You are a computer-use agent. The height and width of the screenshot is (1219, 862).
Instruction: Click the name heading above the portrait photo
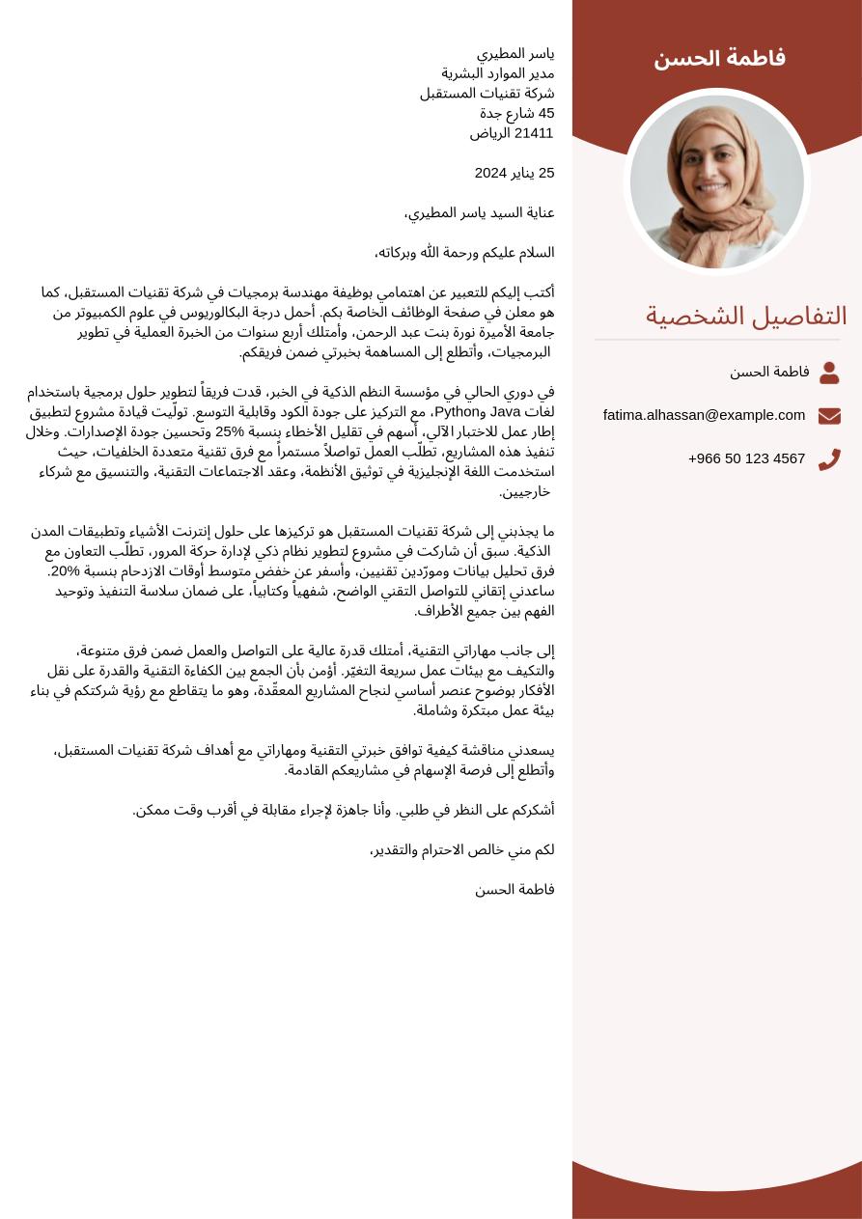(719, 59)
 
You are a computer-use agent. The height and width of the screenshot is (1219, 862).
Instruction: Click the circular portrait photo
(717, 181)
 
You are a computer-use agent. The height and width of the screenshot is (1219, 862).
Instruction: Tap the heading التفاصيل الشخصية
(746, 316)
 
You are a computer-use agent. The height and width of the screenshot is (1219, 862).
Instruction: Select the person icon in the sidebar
(829, 373)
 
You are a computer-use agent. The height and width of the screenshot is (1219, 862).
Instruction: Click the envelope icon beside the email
(829, 416)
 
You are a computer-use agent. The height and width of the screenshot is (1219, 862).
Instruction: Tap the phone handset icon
(829, 459)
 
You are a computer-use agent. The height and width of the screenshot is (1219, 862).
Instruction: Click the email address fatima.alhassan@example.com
(704, 415)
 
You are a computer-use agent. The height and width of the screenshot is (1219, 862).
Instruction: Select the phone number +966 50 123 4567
(746, 458)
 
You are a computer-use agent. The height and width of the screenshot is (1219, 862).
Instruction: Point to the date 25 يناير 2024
(514, 173)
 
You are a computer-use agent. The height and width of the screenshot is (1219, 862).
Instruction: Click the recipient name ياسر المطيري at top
(515, 53)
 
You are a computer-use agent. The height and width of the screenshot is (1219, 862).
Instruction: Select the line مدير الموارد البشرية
(498, 73)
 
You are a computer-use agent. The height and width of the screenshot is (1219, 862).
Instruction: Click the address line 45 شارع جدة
(517, 113)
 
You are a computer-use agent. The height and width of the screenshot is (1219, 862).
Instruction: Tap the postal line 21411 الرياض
(512, 133)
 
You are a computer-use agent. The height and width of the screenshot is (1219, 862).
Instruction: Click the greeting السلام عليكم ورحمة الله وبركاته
(464, 253)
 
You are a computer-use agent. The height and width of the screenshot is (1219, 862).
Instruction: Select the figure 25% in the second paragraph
(231, 431)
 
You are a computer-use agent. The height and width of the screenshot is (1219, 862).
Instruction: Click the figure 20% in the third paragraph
(64, 571)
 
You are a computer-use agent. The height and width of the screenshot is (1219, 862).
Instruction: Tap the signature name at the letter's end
(514, 890)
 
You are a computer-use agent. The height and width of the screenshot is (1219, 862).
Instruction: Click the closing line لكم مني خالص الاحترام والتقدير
(462, 850)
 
